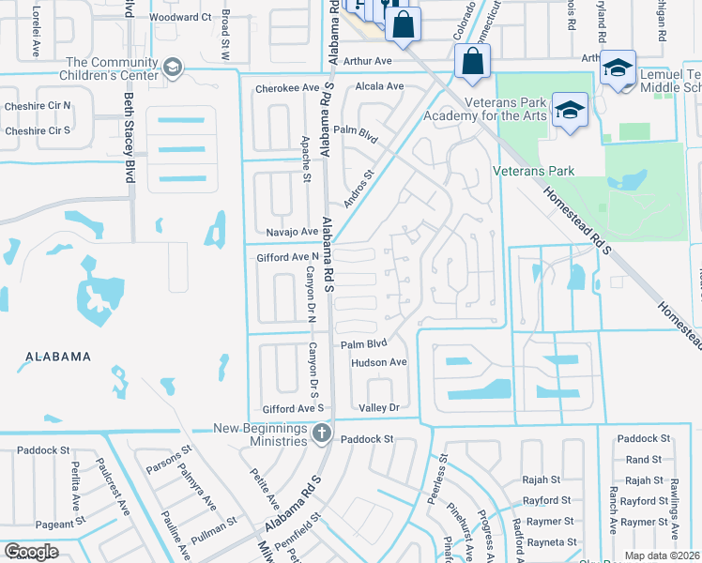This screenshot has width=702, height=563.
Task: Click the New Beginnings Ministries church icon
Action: point(322,433)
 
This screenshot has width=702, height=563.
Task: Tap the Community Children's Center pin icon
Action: point(172,67)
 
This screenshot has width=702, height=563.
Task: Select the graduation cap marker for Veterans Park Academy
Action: point(569,110)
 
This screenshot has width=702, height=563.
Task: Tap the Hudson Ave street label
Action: point(378,362)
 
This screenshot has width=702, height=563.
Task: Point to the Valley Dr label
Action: point(379,408)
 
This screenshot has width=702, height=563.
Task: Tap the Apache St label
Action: point(306,160)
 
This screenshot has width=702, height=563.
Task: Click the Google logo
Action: point(31,551)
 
